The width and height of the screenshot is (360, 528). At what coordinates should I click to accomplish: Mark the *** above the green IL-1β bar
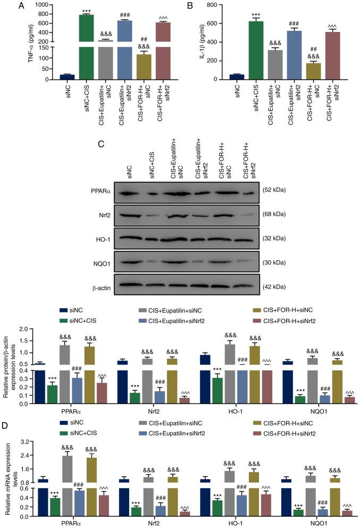(x=256, y=14)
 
